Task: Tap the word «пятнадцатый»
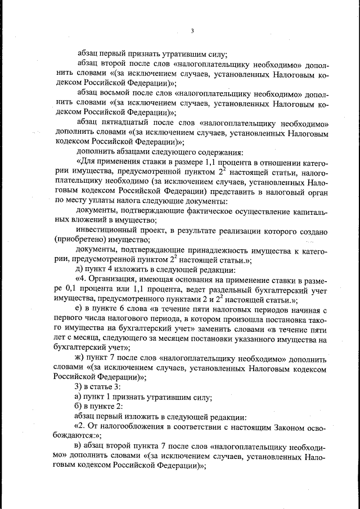pyautogui.click(x=119, y=123)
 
